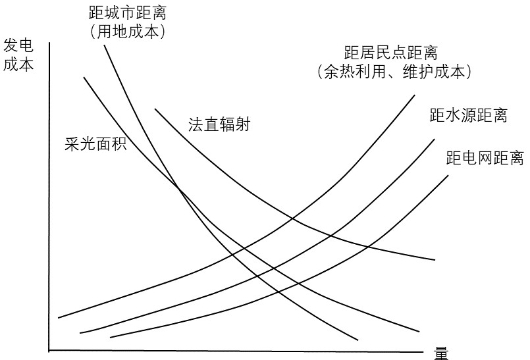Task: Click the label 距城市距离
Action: tap(128, 13)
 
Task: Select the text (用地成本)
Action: tap(128, 32)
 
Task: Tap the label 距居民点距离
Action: tap(390, 53)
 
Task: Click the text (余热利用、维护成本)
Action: tap(394, 72)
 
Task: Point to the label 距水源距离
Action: tap(469, 115)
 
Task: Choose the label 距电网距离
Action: tap(485, 157)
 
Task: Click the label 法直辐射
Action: tap(219, 124)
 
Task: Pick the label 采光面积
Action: tap(95, 143)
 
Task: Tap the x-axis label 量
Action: tap(441, 353)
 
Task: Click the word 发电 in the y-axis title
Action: tap(18, 45)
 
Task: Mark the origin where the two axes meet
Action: tap(49, 351)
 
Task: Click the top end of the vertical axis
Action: tap(49, 43)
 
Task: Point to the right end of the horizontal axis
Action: tap(423, 351)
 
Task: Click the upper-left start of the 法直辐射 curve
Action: tap(155, 109)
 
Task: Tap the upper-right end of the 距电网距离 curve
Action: tap(448, 175)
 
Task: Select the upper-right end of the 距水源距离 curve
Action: tap(435, 139)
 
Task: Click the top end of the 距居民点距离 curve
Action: tap(414, 95)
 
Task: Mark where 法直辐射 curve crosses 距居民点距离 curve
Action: tap(293, 219)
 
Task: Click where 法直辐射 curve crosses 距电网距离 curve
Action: tap(369, 247)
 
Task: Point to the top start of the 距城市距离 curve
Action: tap(104, 45)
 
